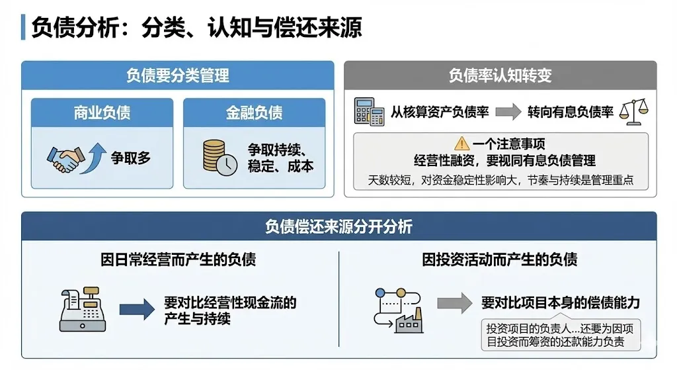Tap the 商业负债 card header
tap(102, 113)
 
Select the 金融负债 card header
tap(254, 113)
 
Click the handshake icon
tap(63, 159)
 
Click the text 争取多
tap(131, 158)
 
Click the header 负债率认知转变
tap(500, 75)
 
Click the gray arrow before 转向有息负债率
tap(508, 112)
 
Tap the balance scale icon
tap(633, 112)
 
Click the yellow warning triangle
tap(461, 143)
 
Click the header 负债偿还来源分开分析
tap(338, 226)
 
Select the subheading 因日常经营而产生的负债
tap(178, 259)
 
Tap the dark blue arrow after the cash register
tap(136, 309)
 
